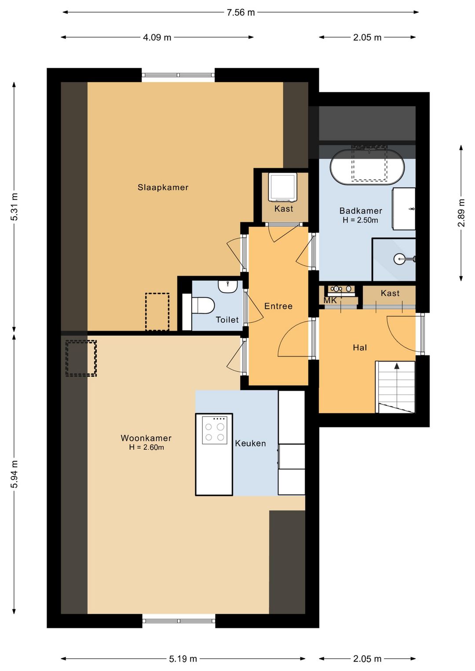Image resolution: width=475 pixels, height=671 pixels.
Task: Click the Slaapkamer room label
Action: click(163, 187)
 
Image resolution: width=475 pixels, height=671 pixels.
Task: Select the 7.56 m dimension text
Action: click(241, 13)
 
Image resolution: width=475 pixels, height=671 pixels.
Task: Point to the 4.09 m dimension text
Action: click(157, 37)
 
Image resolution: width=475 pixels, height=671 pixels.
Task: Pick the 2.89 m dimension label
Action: click(461, 213)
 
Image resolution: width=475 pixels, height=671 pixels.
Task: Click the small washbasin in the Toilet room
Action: click(228, 286)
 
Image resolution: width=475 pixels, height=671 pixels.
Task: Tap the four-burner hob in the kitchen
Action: click(215, 430)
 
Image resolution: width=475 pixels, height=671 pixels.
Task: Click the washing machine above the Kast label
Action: click(282, 187)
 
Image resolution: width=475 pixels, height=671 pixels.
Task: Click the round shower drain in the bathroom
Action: click(400, 259)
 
